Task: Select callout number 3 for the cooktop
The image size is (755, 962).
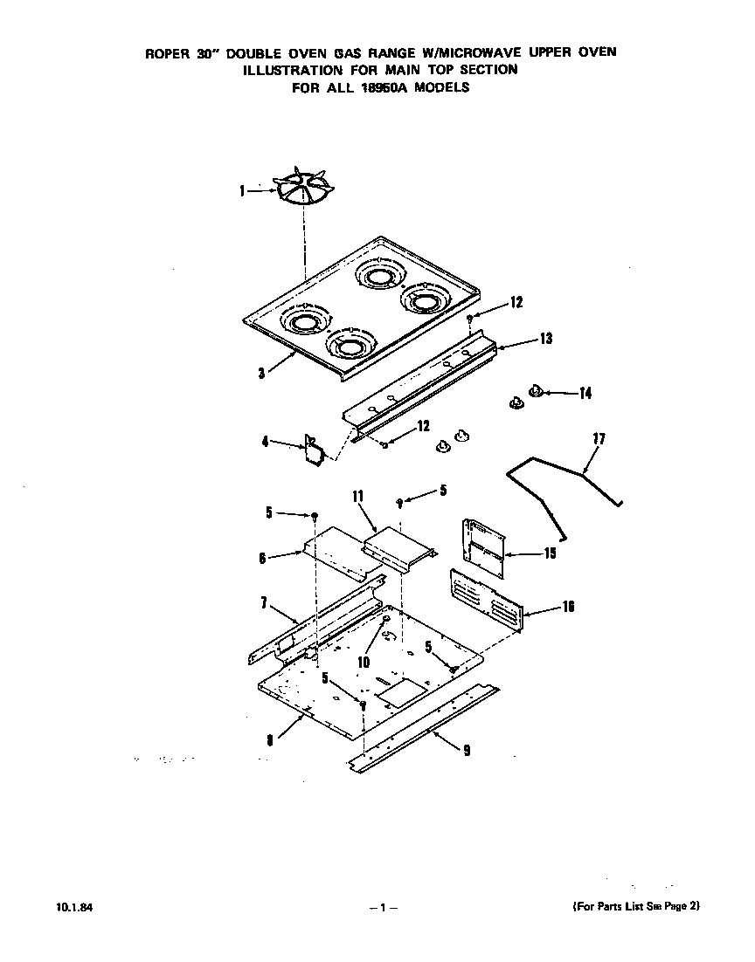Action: (x=261, y=373)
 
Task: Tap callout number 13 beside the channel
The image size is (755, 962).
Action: (x=545, y=339)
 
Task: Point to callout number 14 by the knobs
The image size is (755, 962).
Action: (x=584, y=394)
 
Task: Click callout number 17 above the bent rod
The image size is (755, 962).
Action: (x=599, y=438)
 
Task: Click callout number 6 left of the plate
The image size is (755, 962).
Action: (x=261, y=558)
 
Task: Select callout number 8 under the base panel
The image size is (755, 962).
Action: (x=270, y=739)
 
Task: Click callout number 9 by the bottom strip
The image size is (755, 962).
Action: (x=466, y=750)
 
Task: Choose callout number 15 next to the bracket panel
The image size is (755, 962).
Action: (x=550, y=553)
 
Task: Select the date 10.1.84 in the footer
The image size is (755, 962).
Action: (x=55, y=907)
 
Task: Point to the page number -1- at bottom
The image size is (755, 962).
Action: (x=383, y=908)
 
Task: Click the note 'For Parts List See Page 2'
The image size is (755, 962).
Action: (x=635, y=906)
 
